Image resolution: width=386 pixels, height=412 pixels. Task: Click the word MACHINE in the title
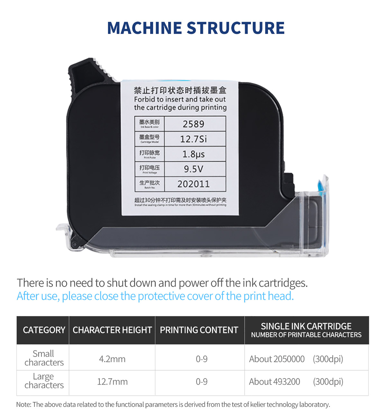(144, 28)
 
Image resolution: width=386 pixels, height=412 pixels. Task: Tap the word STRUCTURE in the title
(235, 28)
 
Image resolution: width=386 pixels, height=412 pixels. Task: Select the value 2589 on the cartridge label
(194, 124)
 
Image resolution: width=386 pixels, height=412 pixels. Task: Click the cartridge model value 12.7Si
(194, 139)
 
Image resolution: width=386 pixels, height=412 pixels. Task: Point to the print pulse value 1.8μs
(194, 154)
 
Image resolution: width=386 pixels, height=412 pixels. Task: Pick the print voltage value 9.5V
(194, 169)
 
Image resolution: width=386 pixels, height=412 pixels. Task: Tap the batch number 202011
(194, 184)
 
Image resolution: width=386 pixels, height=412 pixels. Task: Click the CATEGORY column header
(44, 330)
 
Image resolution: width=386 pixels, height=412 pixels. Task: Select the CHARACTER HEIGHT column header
(112, 330)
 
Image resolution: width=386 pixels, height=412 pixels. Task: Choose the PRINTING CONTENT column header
(199, 330)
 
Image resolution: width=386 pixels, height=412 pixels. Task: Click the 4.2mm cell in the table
(112, 359)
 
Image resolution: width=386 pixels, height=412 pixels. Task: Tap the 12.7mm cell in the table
(112, 382)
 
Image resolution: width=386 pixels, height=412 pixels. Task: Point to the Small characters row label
(44, 358)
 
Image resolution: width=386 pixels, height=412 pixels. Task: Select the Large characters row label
(44, 381)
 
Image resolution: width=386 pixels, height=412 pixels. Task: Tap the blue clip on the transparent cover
(322, 188)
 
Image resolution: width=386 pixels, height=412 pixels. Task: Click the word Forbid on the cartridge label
(144, 99)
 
